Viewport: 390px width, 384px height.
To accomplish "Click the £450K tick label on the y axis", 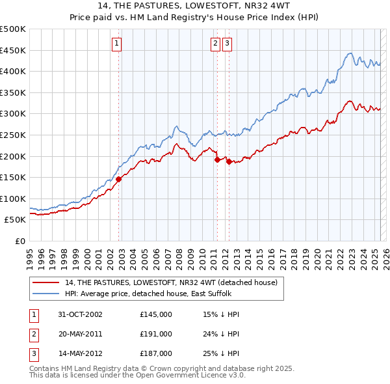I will (13, 50).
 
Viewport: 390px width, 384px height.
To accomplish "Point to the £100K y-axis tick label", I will (13, 199).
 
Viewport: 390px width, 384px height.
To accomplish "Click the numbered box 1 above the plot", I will (116, 44).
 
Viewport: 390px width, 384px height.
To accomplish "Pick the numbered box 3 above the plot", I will (227, 44).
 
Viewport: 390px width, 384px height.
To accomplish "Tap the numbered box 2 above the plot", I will (215, 44).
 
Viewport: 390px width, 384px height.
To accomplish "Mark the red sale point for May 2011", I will (217, 159).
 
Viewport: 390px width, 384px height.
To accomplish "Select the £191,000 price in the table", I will (156, 334).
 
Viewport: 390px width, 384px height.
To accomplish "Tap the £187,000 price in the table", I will (156, 354).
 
